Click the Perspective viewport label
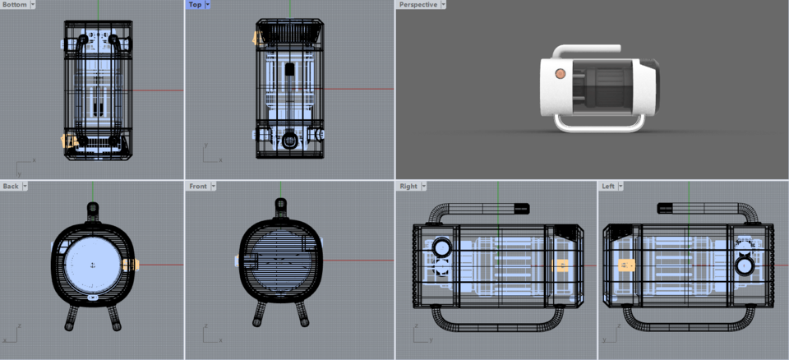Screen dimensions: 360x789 [418, 5]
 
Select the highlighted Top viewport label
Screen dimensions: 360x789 [194, 5]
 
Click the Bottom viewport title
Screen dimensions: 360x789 [14, 5]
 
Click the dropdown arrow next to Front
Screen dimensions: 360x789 [214, 187]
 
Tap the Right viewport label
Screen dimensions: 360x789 [408, 187]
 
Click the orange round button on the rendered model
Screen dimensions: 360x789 [560, 74]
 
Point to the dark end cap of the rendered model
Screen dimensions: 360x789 [649, 86]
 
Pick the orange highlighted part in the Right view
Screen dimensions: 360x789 [562, 265]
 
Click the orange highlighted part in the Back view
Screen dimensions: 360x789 [131, 265]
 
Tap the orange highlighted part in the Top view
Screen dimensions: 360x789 [259, 37]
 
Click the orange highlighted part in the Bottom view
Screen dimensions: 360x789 [69, 141]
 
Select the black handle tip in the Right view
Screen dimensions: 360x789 [519, 207]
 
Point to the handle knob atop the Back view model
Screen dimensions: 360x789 [92, 208]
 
